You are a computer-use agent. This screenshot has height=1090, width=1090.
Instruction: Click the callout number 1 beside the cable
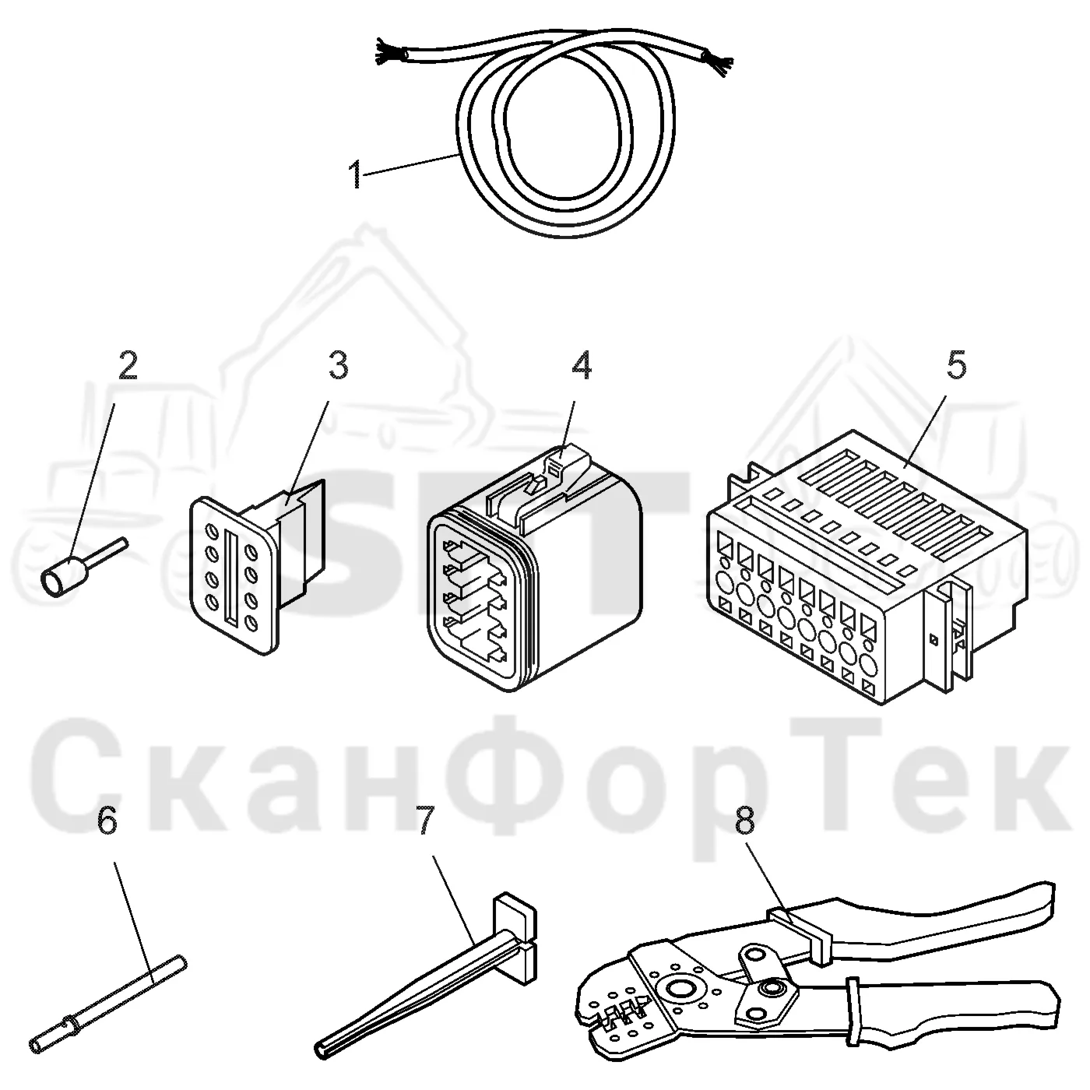pos(356,174)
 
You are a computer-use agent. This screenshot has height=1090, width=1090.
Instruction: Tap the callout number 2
pos(127,365)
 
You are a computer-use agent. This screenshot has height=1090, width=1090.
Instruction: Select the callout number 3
pos(338,365)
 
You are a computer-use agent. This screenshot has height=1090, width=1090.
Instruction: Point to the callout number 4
pos(582,365)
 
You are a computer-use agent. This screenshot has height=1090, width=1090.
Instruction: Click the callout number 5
pos(957,365)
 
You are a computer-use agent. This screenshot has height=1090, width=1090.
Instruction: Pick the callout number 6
pos(107,820)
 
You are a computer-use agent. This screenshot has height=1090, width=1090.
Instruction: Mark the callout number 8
pos(745,820)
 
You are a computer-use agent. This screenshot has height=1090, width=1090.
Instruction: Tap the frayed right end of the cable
pos(717,63)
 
